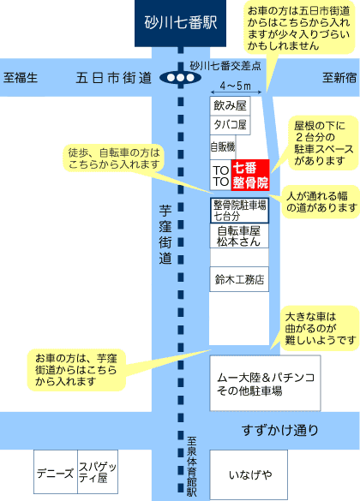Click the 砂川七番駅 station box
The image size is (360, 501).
coord(180,23)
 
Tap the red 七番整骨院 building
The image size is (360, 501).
coord(250,175)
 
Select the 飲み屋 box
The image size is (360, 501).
coord(230,105)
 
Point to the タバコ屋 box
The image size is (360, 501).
coord(230,125)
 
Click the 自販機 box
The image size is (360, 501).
coord(223,147)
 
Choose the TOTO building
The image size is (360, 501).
coord(220,176)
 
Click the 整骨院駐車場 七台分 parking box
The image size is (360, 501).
coord(239,210)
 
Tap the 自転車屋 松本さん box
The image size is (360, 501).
coord(239,236)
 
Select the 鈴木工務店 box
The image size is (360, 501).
coord(239,279)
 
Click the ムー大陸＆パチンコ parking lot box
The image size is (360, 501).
coord(265,383)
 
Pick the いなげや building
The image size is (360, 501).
coord(249,474)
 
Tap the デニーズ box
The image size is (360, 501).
coord(56,472)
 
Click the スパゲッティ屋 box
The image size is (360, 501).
coord(98,472)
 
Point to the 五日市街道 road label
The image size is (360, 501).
coord(113,78)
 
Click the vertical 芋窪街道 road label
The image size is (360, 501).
coord(165,235)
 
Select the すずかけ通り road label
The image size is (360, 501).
coord(280,430)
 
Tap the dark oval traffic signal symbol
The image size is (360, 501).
coord(180,78)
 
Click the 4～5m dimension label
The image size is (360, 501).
coord(236,86)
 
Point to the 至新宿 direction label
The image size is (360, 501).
coord(339,77)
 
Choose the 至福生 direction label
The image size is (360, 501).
coord(21,78)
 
